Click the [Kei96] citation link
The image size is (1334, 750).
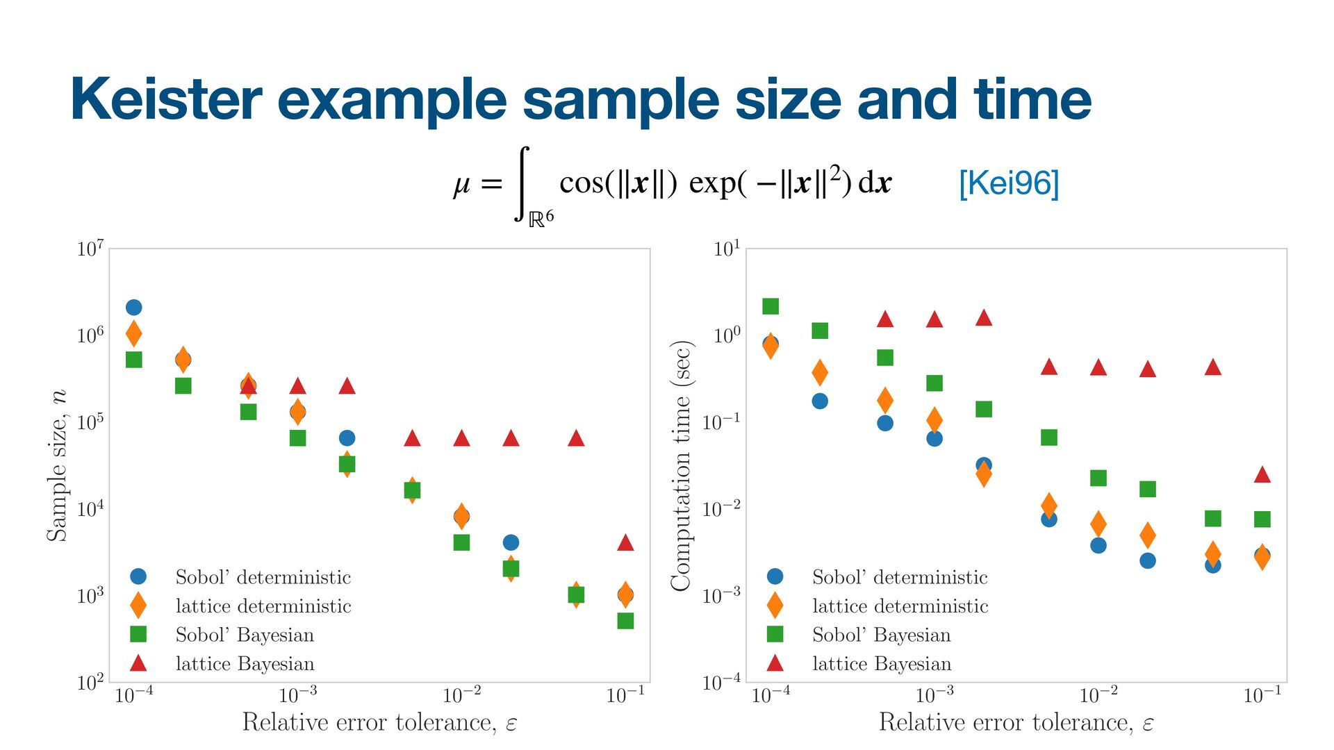pyautogui.click(x=1008, y=183)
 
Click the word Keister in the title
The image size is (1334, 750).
pyautogui.click(x=166, y=99)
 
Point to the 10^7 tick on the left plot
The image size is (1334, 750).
pyautogui.click(x=90, y=249)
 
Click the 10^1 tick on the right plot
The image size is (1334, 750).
pyautogui.click(x=727, y=249)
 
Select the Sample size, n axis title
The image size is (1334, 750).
pyautogui.click(x=57, y=465)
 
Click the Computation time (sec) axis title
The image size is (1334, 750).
pyautogui.click(x=681, y=465)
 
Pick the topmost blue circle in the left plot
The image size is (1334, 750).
pyautogui.click(x=134, y=307)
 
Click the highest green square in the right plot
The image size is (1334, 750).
pyautogui.click(x=771, y=306)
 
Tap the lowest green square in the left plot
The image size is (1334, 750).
pyautogui.click(x=625, y=621)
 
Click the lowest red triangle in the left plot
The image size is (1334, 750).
pyautogui.click(x=625, y=542)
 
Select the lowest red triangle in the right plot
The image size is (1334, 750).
pyautogui.click(x=1262, y=475)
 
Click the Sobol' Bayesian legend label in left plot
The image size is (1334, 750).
pyautogui.click(x=245, y=635)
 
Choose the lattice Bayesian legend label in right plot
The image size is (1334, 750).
pyautogui.click(x=882, y=664)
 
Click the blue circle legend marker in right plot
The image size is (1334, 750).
pyautogui.click(x=775, y=576)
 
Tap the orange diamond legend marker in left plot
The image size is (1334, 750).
pyautogui.click(x=138, y=606)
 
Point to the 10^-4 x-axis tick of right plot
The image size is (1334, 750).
pyautogui.click(x=771, y=694)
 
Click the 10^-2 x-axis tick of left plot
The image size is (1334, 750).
pyautogui.click(x=461, y=694)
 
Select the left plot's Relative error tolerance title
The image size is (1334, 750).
pyautogui.click(x=379, y=723)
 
